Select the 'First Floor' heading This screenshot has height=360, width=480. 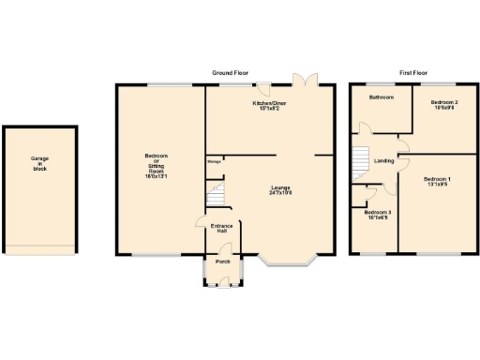click(413, 72)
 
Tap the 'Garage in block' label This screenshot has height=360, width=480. click(39, 164)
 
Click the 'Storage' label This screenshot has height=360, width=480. click(214, 160)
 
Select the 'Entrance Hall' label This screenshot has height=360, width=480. click(221, 229)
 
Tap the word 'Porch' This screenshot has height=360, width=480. click(223, 262)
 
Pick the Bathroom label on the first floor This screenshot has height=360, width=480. click(381, 97)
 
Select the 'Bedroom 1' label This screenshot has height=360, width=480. click(437, 180)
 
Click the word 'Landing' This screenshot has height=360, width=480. click(384, 161)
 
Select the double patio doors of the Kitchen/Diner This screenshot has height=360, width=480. click(303, 81)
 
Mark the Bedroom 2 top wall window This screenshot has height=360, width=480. click(443, 84)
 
